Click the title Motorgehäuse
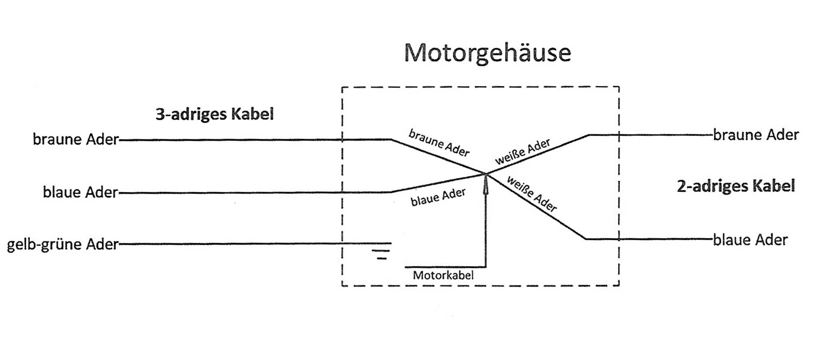coord(487,52)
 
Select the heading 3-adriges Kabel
coord(214,114)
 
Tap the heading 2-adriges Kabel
coord(736,186)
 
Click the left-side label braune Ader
coord(76,139)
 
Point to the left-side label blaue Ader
coord(80,192)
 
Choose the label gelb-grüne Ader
coord(63,244)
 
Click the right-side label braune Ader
coord(756,135)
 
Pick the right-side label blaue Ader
coord(750,240)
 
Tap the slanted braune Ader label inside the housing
coord(439,142)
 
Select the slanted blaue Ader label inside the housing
coord(438,197)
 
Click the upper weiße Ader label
coord(522,152)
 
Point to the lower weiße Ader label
coord(532,194)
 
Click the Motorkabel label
coord(443,275)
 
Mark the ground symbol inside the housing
coord(381,250)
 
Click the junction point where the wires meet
coord(486,173)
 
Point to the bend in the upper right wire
coord(589,135)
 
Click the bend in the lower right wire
coord(585,239)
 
